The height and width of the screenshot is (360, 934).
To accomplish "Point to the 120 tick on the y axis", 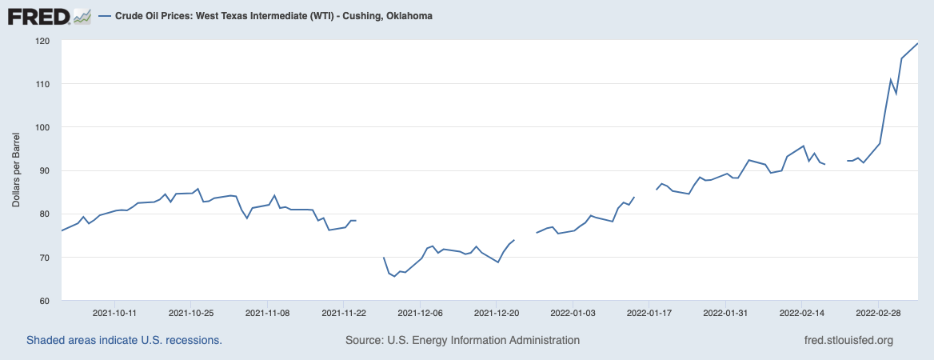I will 42,41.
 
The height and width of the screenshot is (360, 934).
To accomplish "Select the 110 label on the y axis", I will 42,84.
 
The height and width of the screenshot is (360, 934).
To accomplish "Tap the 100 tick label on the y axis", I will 42,127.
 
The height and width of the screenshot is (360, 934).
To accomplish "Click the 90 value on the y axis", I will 45,170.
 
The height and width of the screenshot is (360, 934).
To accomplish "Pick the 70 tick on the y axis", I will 45,258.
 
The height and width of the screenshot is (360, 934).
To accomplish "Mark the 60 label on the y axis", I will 45,301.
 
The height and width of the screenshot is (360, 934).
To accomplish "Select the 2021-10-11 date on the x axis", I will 114,313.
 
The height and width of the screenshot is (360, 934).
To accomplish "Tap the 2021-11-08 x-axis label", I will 267,313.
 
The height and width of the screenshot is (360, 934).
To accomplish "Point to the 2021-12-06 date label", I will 420,313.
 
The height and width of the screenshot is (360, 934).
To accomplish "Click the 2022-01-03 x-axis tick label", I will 573,313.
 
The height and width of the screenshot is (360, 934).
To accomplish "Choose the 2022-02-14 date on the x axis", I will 802,313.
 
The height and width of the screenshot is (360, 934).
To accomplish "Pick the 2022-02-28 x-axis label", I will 879,313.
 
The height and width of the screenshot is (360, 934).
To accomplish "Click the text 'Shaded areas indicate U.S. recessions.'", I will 124,341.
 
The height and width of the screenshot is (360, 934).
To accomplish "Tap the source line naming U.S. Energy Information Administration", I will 462,341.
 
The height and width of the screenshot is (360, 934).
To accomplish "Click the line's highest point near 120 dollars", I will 916,43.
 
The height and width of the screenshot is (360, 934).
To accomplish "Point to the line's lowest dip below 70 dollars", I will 394,277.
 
